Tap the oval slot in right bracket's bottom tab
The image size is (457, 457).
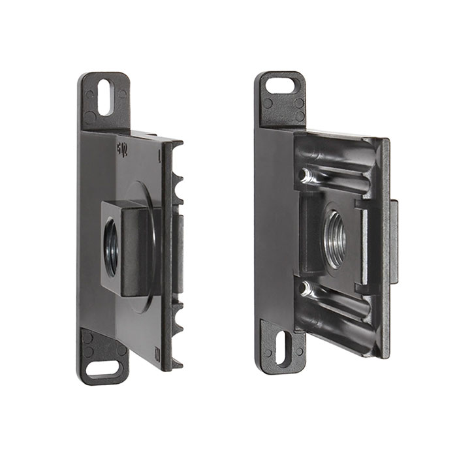(281, 347)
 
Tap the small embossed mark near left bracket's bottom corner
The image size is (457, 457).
(157, 353)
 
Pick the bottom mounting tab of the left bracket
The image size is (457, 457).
(103, 356)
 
